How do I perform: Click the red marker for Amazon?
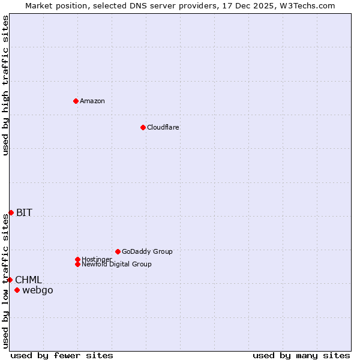click(76, 101)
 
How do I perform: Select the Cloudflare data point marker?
click(143, 127)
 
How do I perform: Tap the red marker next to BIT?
click(11, 212)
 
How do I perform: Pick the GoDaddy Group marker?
click(118, 251)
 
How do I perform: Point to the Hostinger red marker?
click(77, 259)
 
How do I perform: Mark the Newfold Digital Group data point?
click(77, 264)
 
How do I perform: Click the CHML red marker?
click(10, 280)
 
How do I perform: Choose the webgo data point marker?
click(17, 290)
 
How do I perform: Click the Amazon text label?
click(92, 101)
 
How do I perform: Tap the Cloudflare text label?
click(163, 127)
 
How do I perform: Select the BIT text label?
click(24, 212)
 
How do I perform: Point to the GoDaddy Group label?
click(147, 251)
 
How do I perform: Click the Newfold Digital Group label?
click(117, 265)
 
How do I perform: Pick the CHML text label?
click(28, 280)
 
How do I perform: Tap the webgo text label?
click(38, 290)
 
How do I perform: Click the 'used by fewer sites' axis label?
click(62, 355)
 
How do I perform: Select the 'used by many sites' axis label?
click(301, 355)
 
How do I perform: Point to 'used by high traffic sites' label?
click(5, 85)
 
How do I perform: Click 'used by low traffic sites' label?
click(5, 281)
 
